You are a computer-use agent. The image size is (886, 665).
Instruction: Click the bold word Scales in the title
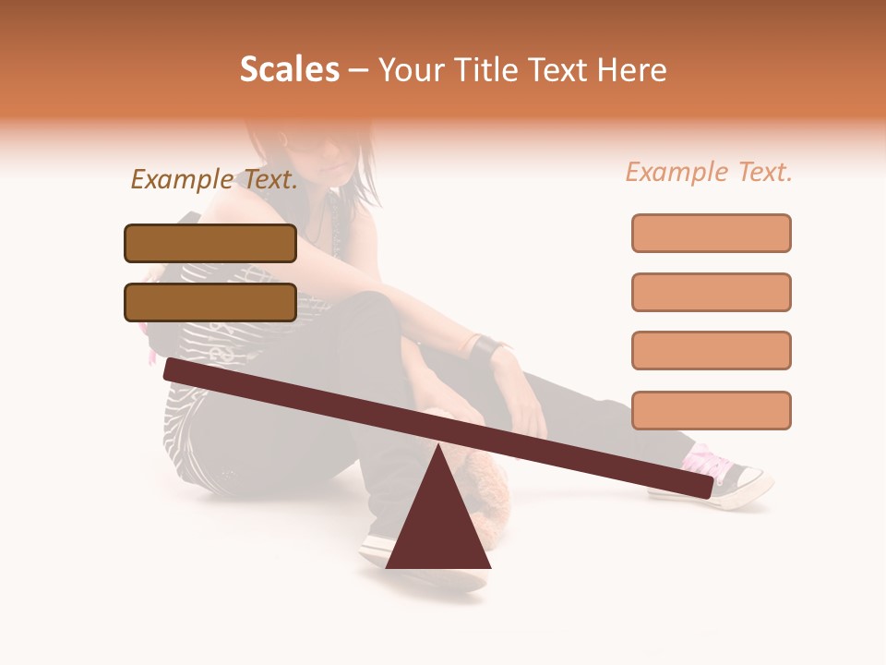click(289, 69)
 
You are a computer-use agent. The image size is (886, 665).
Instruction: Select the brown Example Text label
click(214, 180)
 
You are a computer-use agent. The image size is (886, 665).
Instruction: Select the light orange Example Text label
click(709, 172)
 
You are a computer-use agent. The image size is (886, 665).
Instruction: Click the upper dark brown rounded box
click(210, 243)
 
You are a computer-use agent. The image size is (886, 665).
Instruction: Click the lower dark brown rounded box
click(210, 302)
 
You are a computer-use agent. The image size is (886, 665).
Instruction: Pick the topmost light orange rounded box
click(711, 233)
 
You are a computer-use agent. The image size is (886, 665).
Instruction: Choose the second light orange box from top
click(711, 292)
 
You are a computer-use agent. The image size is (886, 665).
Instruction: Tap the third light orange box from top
click(711, 350)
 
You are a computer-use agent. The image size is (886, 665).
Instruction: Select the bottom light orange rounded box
click(711, 410)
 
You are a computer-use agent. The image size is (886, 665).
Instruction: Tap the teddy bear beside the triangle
click(494, 490)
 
